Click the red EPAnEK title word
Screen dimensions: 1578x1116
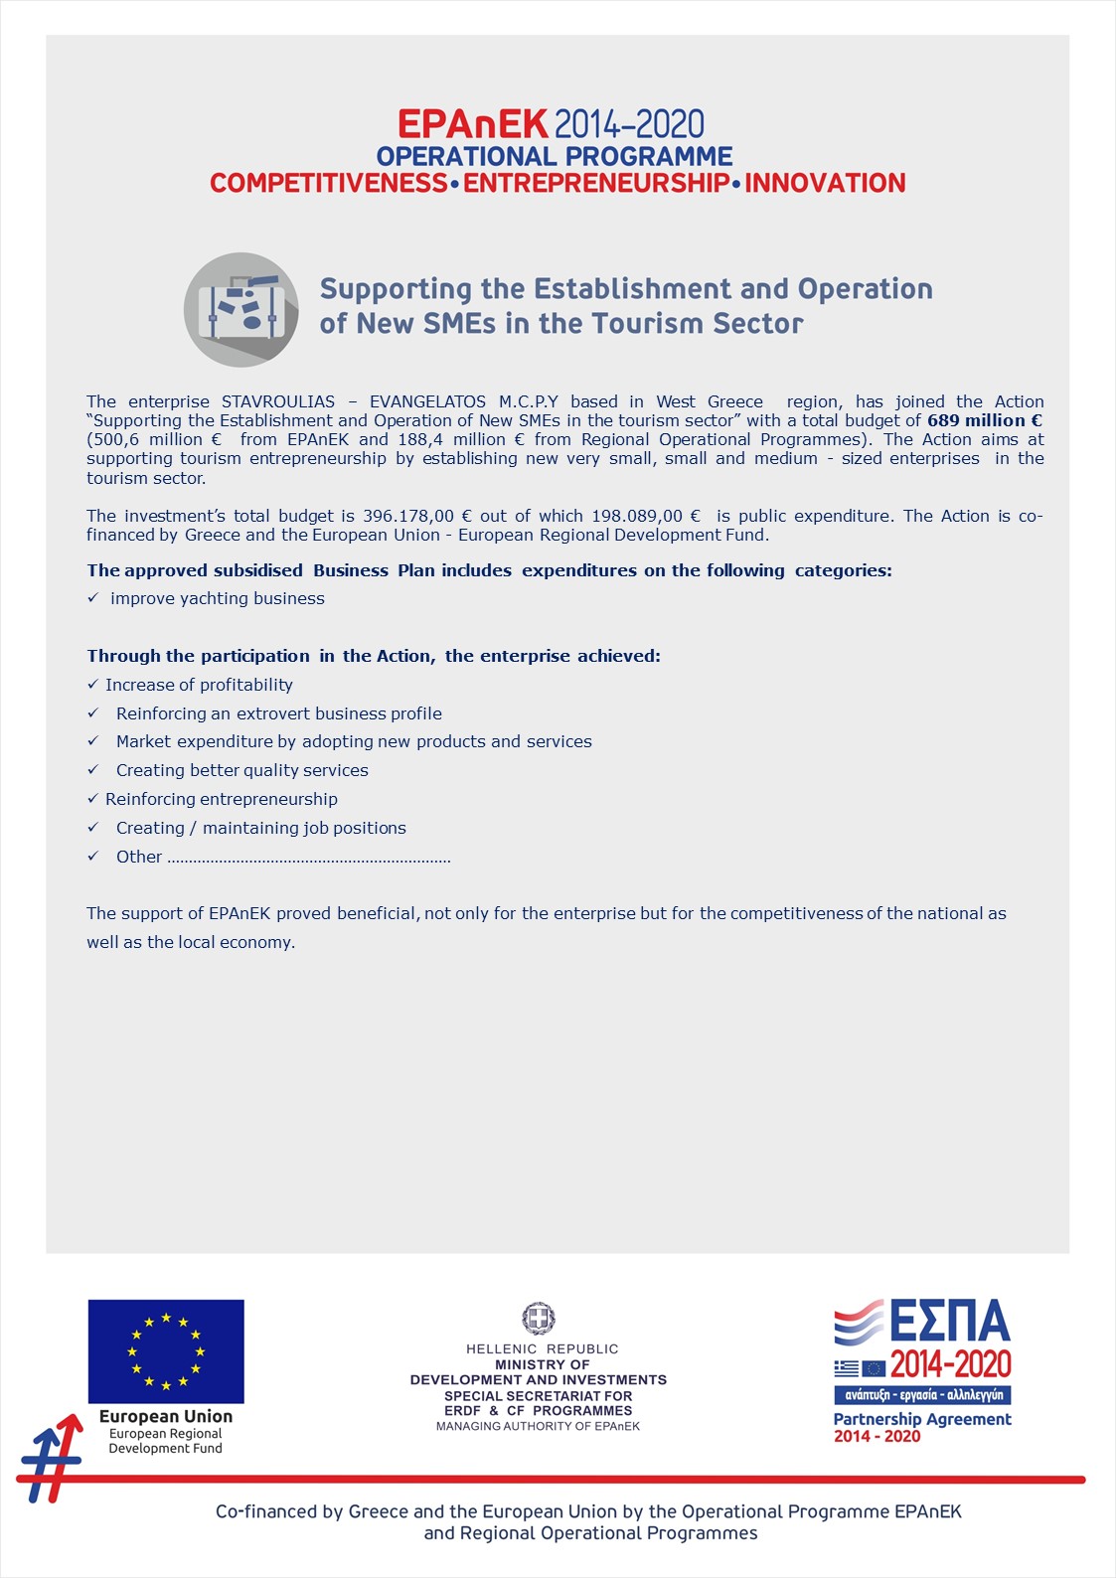[x=472, y=124]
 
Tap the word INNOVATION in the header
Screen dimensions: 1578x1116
[x=825, y=184]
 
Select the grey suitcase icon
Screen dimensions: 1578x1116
[x=241, y=309]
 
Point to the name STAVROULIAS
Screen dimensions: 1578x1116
[x=278, y=401]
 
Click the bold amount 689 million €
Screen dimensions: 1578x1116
[x=984, y=420]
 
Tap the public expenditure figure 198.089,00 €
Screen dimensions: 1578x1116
[x=646, y=516]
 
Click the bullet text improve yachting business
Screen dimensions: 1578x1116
[x=218, y=598]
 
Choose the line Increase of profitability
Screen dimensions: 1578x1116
[x=199, y=685]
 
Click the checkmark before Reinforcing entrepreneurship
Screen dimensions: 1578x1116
[x=92, y=799]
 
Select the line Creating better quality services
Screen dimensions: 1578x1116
[x=242, y=770]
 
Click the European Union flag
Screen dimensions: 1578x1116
[x=166, y=1351]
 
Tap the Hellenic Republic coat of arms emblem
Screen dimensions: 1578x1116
[x=539, y=1319]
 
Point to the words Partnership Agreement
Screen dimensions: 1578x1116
[x=922, y=1419]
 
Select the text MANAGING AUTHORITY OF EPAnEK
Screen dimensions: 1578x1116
[x=539, y=1426]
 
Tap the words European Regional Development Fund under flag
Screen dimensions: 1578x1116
[x=166, y=1441]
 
